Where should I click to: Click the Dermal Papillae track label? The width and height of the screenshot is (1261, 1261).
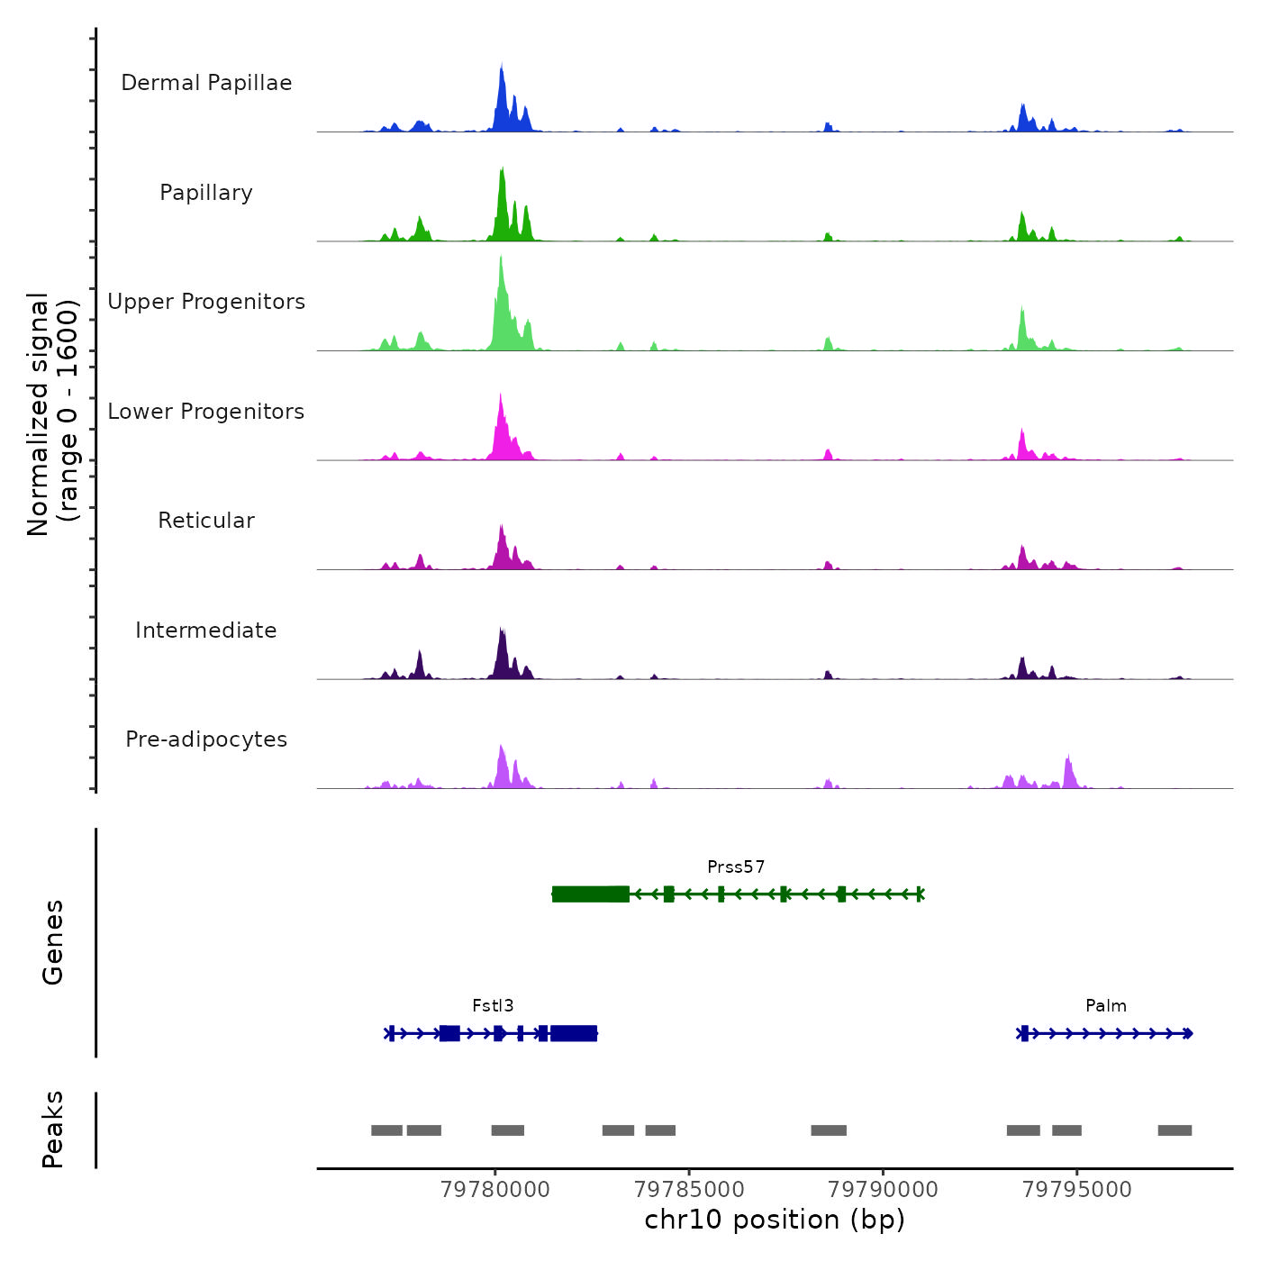point(206,83)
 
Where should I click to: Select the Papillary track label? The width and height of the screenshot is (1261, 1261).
point(206,193)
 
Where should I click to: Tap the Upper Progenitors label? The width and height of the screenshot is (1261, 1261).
point(206,302)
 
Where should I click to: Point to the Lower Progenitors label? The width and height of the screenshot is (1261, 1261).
point(206,412)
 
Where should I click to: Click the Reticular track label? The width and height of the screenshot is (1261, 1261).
point(206,521)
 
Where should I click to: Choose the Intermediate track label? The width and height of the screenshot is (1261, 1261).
point(206,630)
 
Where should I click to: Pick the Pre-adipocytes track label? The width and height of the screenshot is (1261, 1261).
point(206,739)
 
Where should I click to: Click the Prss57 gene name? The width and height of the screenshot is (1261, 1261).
point(736,867)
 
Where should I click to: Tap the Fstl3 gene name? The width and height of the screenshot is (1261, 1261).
point(493,1006)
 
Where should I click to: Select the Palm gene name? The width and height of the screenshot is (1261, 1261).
point(1106,1006)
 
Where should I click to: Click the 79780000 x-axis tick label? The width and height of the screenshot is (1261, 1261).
point(495,1190)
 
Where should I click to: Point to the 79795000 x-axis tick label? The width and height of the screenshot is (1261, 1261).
point(1077,1190)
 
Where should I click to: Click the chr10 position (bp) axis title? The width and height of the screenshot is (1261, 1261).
point(775,1220)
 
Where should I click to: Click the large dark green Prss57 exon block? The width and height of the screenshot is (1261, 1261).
point(591,894)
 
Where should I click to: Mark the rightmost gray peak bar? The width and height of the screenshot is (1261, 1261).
point(1175,1130)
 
